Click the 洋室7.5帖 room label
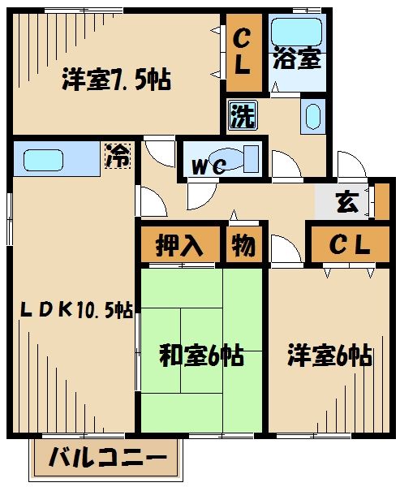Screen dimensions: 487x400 [117, 81]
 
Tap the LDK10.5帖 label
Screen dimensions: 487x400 [76, 308]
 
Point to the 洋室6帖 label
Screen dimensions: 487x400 [330, 356]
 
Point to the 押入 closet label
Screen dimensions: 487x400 [180, 244]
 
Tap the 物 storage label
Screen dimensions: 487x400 [242, 244]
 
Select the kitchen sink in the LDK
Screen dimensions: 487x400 [44, 158]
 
